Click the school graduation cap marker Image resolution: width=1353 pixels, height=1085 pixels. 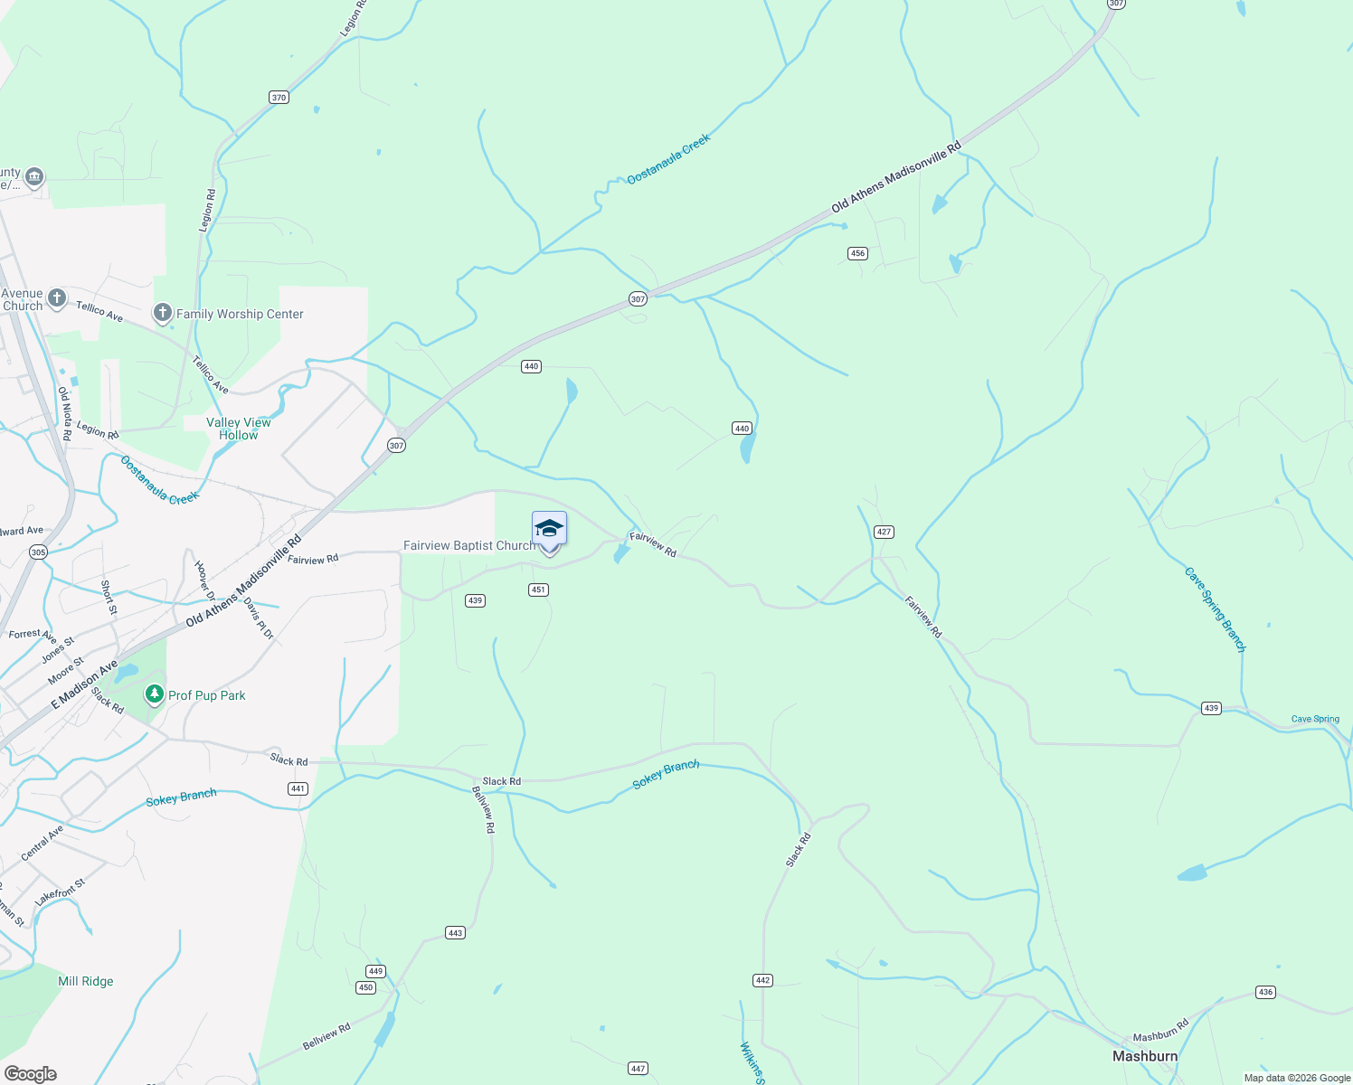click(549, 528)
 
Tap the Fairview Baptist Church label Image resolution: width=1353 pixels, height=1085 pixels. click(469, 545)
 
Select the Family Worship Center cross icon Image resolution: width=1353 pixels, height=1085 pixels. click(163, 314)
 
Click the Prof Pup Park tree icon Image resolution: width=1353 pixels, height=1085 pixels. click(155, 694)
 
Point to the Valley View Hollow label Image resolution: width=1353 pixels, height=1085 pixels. click(238, 429)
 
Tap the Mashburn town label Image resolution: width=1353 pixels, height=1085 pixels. click(1144, 1056)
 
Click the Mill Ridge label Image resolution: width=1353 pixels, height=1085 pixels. click(86, 981)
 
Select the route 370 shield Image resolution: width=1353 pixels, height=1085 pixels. click(279, 98)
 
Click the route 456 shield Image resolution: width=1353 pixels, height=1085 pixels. click(857, 253)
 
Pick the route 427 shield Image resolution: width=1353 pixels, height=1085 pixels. click(885, 532)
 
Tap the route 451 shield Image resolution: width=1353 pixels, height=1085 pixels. click(538, 590)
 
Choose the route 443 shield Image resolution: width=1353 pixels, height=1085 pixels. click(455, 933)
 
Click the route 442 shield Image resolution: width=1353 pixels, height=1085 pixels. click(762, 980)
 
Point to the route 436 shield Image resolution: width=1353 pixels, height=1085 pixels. click(1265, 992)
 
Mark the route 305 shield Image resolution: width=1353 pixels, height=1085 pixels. click(38, 552)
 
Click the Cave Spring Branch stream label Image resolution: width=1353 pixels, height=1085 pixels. click(1216, 609)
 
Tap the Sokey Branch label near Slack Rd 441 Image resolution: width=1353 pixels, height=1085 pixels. click(181, 797)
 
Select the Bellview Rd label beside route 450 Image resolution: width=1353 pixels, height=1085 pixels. click(326, 1037)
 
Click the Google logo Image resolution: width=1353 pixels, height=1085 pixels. click(31, 1074)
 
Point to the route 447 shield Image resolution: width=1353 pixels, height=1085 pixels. click(639, 1069)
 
